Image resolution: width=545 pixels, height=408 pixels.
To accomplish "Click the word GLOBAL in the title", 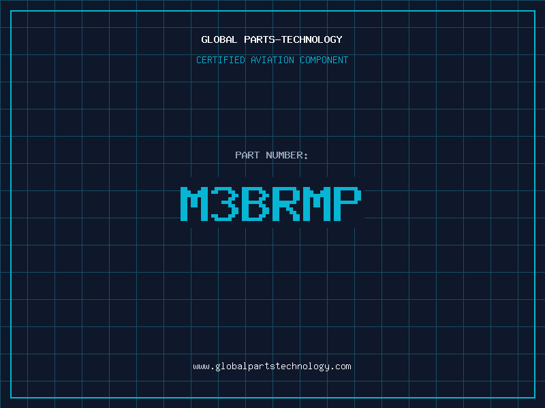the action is point(219,39).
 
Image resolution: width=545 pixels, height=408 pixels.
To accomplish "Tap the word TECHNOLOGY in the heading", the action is point(312,39).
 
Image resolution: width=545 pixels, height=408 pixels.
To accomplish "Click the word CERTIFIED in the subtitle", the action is point(221,60).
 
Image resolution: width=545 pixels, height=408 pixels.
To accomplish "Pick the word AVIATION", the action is point(272,60).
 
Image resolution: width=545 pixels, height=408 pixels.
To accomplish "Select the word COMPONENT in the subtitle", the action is point(324,60).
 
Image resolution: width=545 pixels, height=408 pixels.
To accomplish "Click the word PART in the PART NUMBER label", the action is point(247,155).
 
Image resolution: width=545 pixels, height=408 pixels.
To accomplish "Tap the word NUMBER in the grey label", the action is point(284,155).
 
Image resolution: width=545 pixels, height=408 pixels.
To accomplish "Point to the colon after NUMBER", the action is point(306,156).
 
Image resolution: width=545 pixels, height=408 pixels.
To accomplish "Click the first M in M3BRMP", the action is point(194,204).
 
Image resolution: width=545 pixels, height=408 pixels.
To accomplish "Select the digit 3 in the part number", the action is point(225,204).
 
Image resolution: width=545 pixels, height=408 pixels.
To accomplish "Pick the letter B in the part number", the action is point(255,204).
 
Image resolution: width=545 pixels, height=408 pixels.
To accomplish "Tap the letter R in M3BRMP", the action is point(286,204).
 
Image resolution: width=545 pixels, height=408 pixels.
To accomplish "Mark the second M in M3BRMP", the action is point(317,204).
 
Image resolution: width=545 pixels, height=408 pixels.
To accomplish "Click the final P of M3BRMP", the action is point(347,204).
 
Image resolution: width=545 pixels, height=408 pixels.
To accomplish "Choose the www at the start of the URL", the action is point(202,367).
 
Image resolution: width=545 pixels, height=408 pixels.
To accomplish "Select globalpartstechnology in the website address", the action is point(272,367).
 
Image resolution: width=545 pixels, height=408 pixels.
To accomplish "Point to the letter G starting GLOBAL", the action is point(204,39).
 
